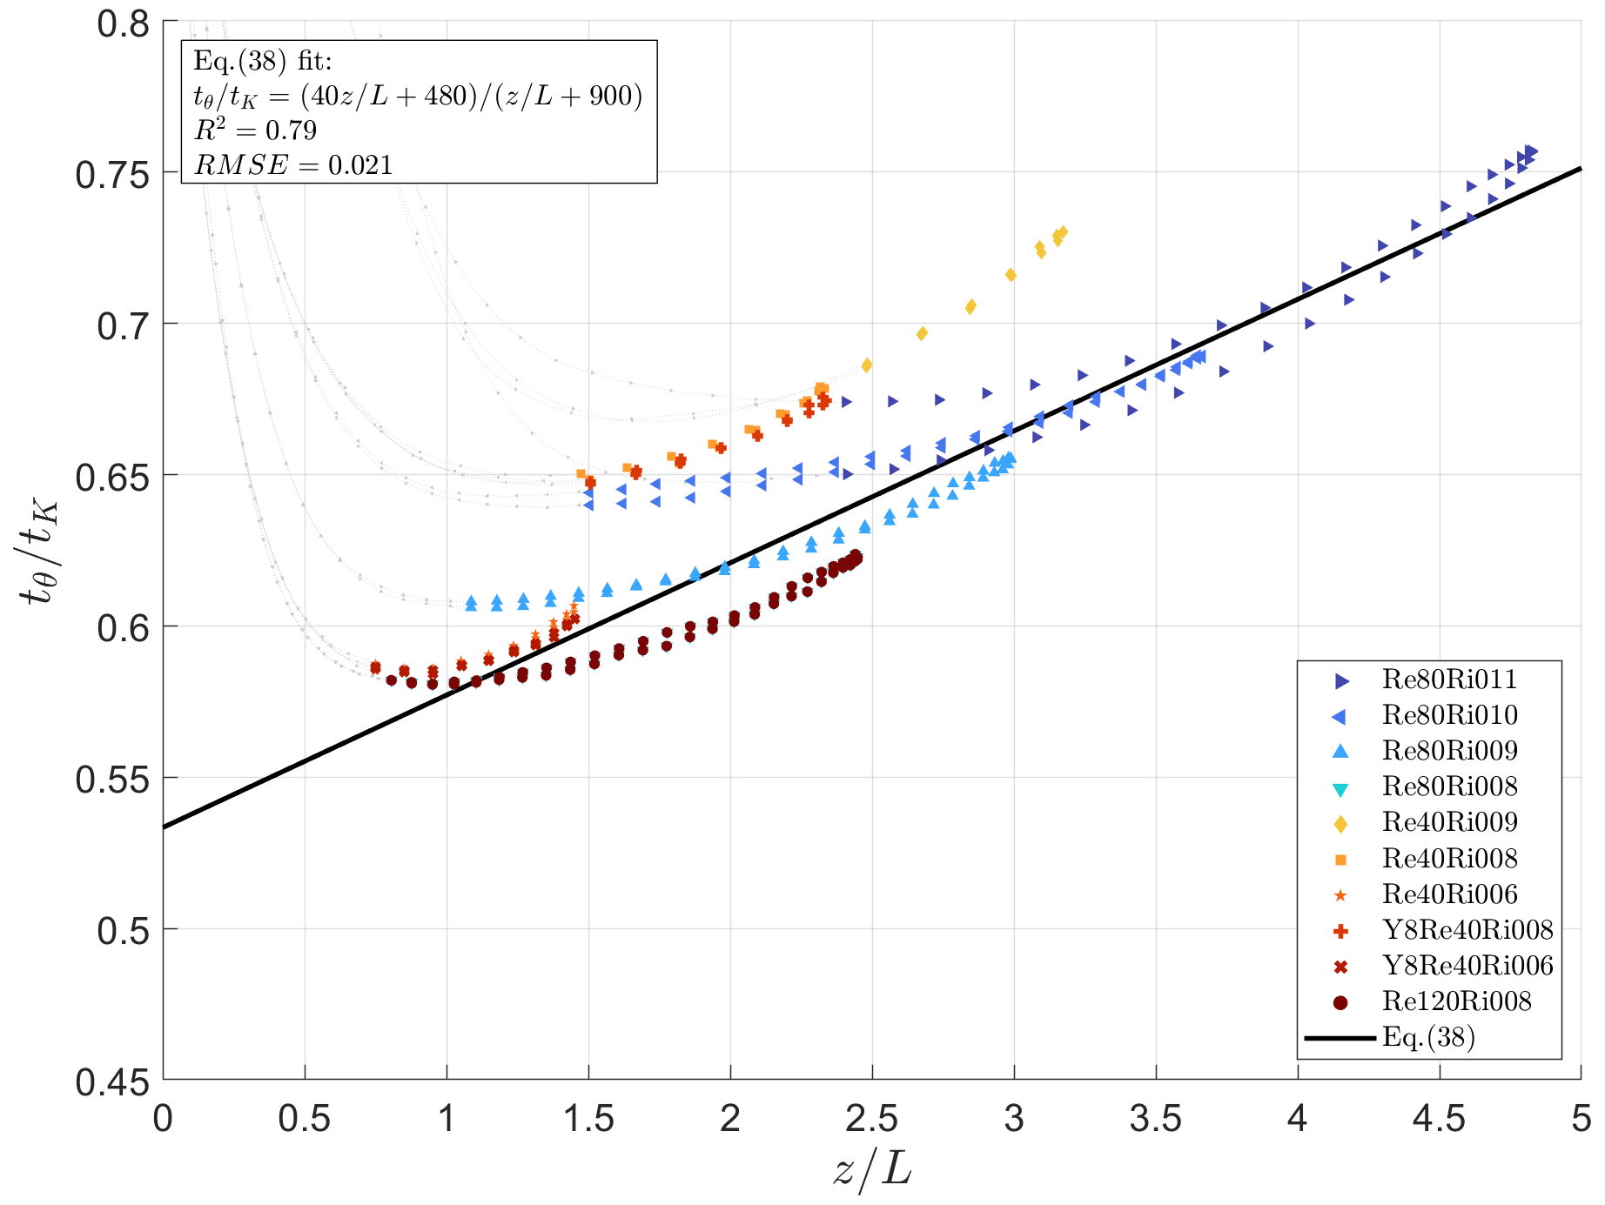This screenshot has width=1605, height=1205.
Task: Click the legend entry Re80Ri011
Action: click(x=1449, y=679)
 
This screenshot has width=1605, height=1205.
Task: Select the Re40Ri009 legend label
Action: click(x=1449, y=822)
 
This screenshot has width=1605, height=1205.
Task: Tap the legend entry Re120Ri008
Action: click(x=1456, y=1001)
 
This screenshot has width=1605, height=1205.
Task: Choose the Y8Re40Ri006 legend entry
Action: click(x=1467, y=966)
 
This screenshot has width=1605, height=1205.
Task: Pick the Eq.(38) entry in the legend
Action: click(x=1428, y=1037)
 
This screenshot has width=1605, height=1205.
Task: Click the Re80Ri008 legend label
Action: click(x=1449, y=787)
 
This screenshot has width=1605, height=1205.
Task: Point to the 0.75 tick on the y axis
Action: click(x=112, y=175)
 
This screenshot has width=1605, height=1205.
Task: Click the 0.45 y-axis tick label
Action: click(x=112, y=1082)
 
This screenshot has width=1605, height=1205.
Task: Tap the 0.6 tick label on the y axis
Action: click(x=123, y=627)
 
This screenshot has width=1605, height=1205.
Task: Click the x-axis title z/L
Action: click(x=871, y=1170)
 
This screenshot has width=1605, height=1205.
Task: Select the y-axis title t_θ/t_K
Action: click(x=39, y=552)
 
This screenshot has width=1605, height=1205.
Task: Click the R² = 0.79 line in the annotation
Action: click(x=255, y=131)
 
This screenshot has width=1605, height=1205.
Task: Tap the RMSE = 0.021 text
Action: click(x=293, y=165)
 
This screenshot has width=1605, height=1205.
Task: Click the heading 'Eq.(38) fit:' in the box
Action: click(x=262, y=61)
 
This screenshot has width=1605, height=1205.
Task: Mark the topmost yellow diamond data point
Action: click(x=1062, y=232)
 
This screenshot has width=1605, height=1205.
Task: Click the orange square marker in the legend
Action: click(x=1340, y=860)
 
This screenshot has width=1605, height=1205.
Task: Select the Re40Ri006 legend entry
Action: click(x=1449, y=894)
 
